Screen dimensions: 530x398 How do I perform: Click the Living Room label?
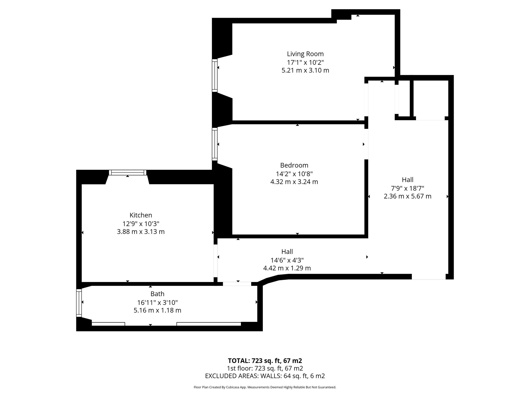(x=305, y=54)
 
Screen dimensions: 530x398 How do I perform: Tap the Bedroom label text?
(x=294, y=165)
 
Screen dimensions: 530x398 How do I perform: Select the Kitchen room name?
(x=141, y=215)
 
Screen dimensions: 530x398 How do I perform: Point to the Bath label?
(x=157, y=294)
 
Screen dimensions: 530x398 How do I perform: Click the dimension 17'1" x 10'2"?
(x=306, y=62)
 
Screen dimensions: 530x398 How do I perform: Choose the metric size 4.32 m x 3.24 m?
(x=294, y=182)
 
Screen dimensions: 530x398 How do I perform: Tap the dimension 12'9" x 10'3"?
(x=141, y=224)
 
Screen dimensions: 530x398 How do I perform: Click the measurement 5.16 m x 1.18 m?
(x=157, y=310)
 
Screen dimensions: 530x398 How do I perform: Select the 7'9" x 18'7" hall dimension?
(x=408, y=188)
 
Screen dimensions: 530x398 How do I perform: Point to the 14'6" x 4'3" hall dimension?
(x=287, y=260)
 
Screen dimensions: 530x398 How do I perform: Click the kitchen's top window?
(x=128, y=172)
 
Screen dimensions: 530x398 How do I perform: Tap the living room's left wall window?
(x=215, y=75)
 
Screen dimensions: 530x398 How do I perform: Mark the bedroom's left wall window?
(x=215, y=144)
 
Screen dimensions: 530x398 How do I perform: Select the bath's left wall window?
(x=79, y=303)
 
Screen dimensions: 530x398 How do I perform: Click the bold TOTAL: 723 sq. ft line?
(x=265, y=361)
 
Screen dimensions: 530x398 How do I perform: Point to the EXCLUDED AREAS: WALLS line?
(x=265, y=376)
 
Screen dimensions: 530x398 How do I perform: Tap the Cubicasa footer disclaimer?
(x=265, y=387)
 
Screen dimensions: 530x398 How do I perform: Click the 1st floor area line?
(x=265, y=368)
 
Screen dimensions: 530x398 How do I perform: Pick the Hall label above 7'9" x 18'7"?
(x=408, y=180)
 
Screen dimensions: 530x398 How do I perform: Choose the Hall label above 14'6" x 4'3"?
(x=287, y=252)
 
